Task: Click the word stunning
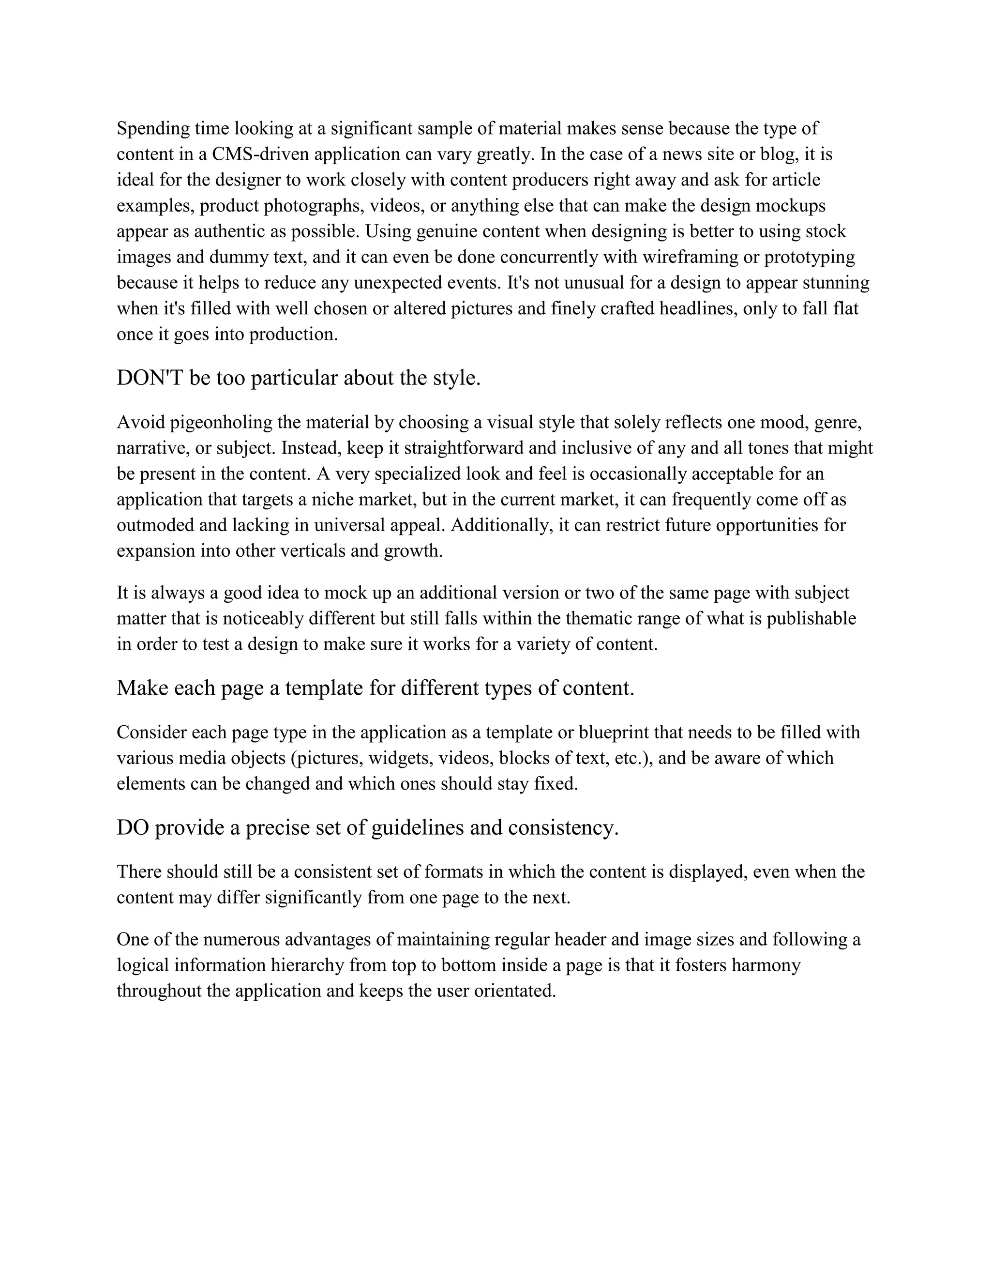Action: coord(835,283)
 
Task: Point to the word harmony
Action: coord(766,965)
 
